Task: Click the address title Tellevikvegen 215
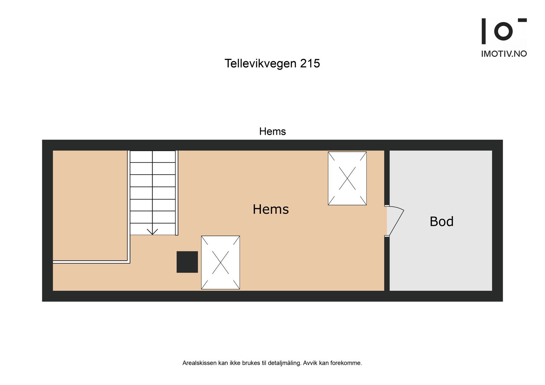tap(272, 63)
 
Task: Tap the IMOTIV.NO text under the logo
tap(504, 54)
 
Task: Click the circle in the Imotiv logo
tap(503, 31)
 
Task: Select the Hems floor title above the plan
tap(272, 131)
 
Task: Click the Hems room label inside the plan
tap(270, 209)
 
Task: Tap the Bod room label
tap(441, 222)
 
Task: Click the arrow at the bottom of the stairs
tap(152, 231)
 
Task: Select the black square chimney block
tap(187, 262)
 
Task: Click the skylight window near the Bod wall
tap(347, 178)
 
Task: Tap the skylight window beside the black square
tap(220, 262)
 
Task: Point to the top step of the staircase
tap(153, 157)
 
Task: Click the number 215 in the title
tap(310, 63)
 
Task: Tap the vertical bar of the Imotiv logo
tap(483, 31)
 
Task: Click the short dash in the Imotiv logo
tap(522, 20)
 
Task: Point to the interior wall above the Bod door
tap(387, 177)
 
